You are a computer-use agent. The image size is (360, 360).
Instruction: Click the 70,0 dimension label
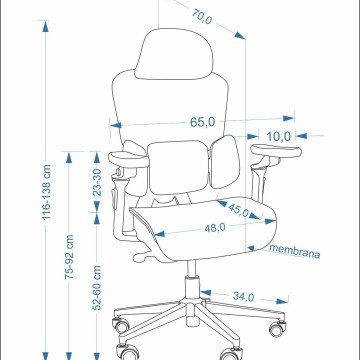point(202,16)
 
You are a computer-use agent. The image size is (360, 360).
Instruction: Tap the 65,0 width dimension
point(203,122)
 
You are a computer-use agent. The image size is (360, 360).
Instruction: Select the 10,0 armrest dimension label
point(279,136)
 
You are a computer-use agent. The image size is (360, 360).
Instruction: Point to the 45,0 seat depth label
point(239,210)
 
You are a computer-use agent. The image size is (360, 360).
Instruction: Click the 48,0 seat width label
point(215,228)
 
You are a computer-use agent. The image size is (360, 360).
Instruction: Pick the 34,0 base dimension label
point(243,296)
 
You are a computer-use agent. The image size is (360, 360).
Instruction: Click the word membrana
point(295,251)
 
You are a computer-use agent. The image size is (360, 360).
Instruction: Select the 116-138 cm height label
point(46,192)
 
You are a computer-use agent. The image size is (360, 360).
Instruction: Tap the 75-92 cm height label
point(69,257)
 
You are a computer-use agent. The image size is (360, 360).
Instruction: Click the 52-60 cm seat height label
point(97,288)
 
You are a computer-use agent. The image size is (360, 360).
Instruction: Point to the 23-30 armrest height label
point(97,182)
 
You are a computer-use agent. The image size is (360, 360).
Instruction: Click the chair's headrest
point(174,54)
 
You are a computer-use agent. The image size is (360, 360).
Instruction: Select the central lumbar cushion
point(178,167)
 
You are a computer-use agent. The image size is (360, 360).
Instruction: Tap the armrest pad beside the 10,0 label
point(276,151)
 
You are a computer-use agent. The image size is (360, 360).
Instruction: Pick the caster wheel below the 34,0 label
point(277,328)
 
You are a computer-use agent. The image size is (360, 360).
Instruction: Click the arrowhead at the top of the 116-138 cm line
point(46,26)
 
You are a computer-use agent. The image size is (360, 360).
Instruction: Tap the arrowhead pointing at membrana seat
point(251,248)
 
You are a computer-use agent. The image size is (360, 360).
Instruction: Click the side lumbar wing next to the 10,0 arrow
point(226,162)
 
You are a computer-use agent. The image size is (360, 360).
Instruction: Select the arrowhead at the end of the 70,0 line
point(240,35)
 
